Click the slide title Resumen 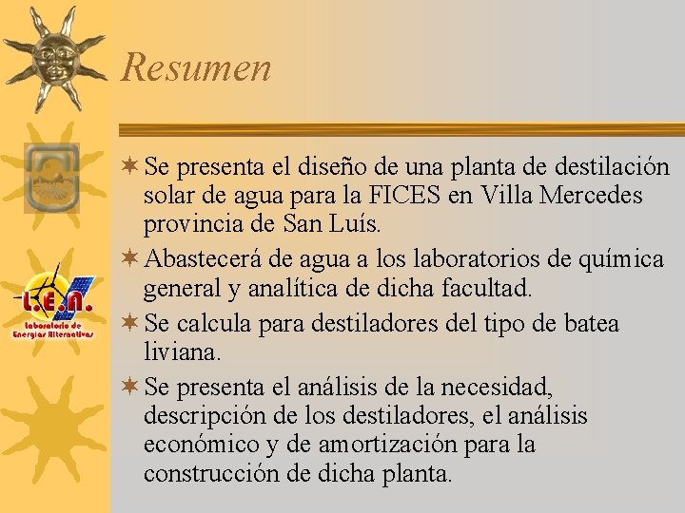196,68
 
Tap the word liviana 182,351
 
